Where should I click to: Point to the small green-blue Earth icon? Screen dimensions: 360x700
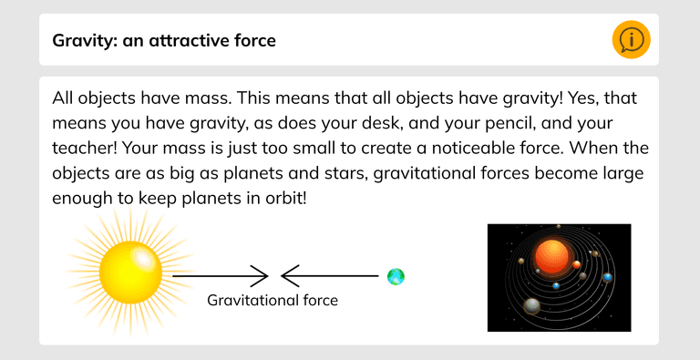(396, 275)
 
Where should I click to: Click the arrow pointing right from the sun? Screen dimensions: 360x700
(219, 275)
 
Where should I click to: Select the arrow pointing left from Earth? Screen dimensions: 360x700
(328, 275)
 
